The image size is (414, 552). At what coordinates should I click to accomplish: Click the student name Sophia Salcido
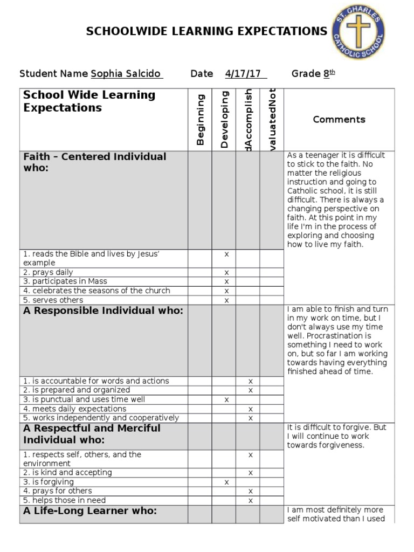click(126, 74)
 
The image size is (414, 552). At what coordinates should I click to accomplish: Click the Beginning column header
click(201, 120)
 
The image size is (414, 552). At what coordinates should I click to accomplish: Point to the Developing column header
click(224, 120)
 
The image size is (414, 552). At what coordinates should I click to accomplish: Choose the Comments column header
click(339, 120)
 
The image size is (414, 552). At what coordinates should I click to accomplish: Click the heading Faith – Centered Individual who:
click(95, 162)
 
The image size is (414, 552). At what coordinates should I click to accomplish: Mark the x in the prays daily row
click(226, 273)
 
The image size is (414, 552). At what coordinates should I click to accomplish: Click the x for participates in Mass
click(226, 282)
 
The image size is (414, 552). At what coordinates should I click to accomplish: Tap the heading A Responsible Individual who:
click(103, 311)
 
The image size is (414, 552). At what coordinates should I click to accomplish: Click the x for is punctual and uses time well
click(226, 400)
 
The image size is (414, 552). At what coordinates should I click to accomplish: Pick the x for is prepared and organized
click(250, 390)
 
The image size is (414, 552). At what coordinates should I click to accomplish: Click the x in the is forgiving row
click(226, 482)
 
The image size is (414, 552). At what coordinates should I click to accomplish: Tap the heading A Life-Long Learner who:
click(90, 511)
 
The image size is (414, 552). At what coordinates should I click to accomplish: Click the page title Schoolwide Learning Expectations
click(206, 31)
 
